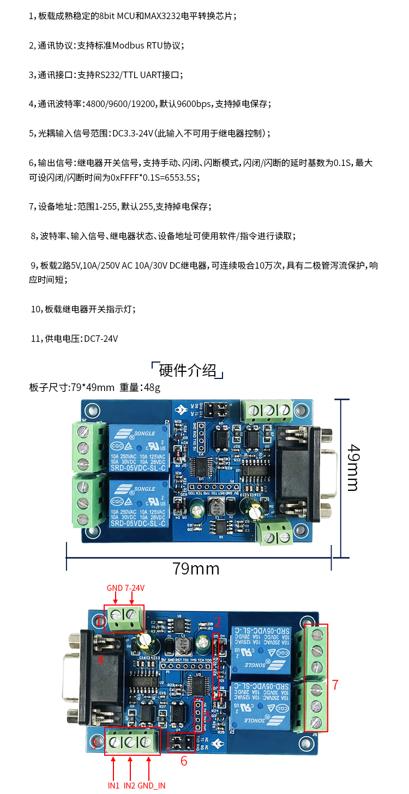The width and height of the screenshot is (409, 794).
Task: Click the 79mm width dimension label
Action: click(196, 568)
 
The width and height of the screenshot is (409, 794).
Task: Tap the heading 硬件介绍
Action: click(188, 370)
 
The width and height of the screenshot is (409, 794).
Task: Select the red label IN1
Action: click(113, 785)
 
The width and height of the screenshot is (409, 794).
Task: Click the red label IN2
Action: click(130, 785)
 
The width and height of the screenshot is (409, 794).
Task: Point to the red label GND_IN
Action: click(152, 785)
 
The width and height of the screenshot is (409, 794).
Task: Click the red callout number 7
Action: click(335, 684)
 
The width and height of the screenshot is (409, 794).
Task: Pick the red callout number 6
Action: click(184, 761)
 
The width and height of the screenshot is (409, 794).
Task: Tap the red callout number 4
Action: click(100, 660)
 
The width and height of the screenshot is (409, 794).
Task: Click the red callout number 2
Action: click(217, 621)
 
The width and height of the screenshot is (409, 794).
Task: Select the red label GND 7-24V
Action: click(125, 588)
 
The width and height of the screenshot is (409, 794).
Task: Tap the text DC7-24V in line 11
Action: click(101, 339)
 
